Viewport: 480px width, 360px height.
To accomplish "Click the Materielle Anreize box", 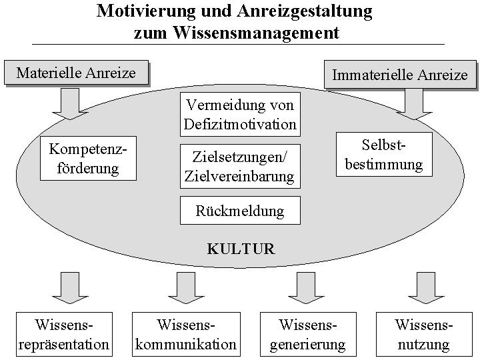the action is click(75, 73).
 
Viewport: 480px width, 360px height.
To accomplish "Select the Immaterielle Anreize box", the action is click(399, 75).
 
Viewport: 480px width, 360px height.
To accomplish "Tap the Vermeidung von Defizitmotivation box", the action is click(239, 115).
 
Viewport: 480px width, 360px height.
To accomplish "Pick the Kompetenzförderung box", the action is click(88, 158).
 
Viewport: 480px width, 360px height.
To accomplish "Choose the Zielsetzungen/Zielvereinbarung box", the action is click(239, 167).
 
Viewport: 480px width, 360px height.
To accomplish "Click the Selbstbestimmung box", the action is click(384, 154).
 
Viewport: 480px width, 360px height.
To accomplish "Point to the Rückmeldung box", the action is click(239, 211).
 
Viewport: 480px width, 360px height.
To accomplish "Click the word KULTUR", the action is click(241, 249).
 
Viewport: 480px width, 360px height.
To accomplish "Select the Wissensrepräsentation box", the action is click(64, 335).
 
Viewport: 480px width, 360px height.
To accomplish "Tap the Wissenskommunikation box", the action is click(186, 335).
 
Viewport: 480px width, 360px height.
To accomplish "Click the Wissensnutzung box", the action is click(423, 335).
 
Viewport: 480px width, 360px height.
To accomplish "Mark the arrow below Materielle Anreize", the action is click(66, 103).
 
